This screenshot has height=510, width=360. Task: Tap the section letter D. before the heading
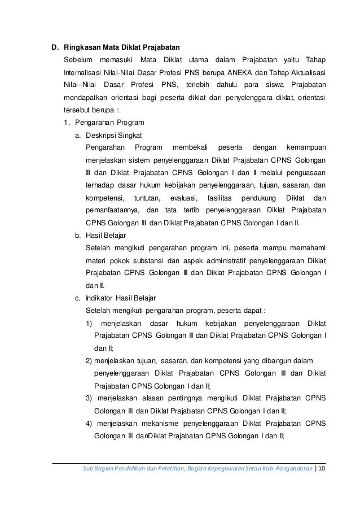pyautogui.click(x=55, y=47)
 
